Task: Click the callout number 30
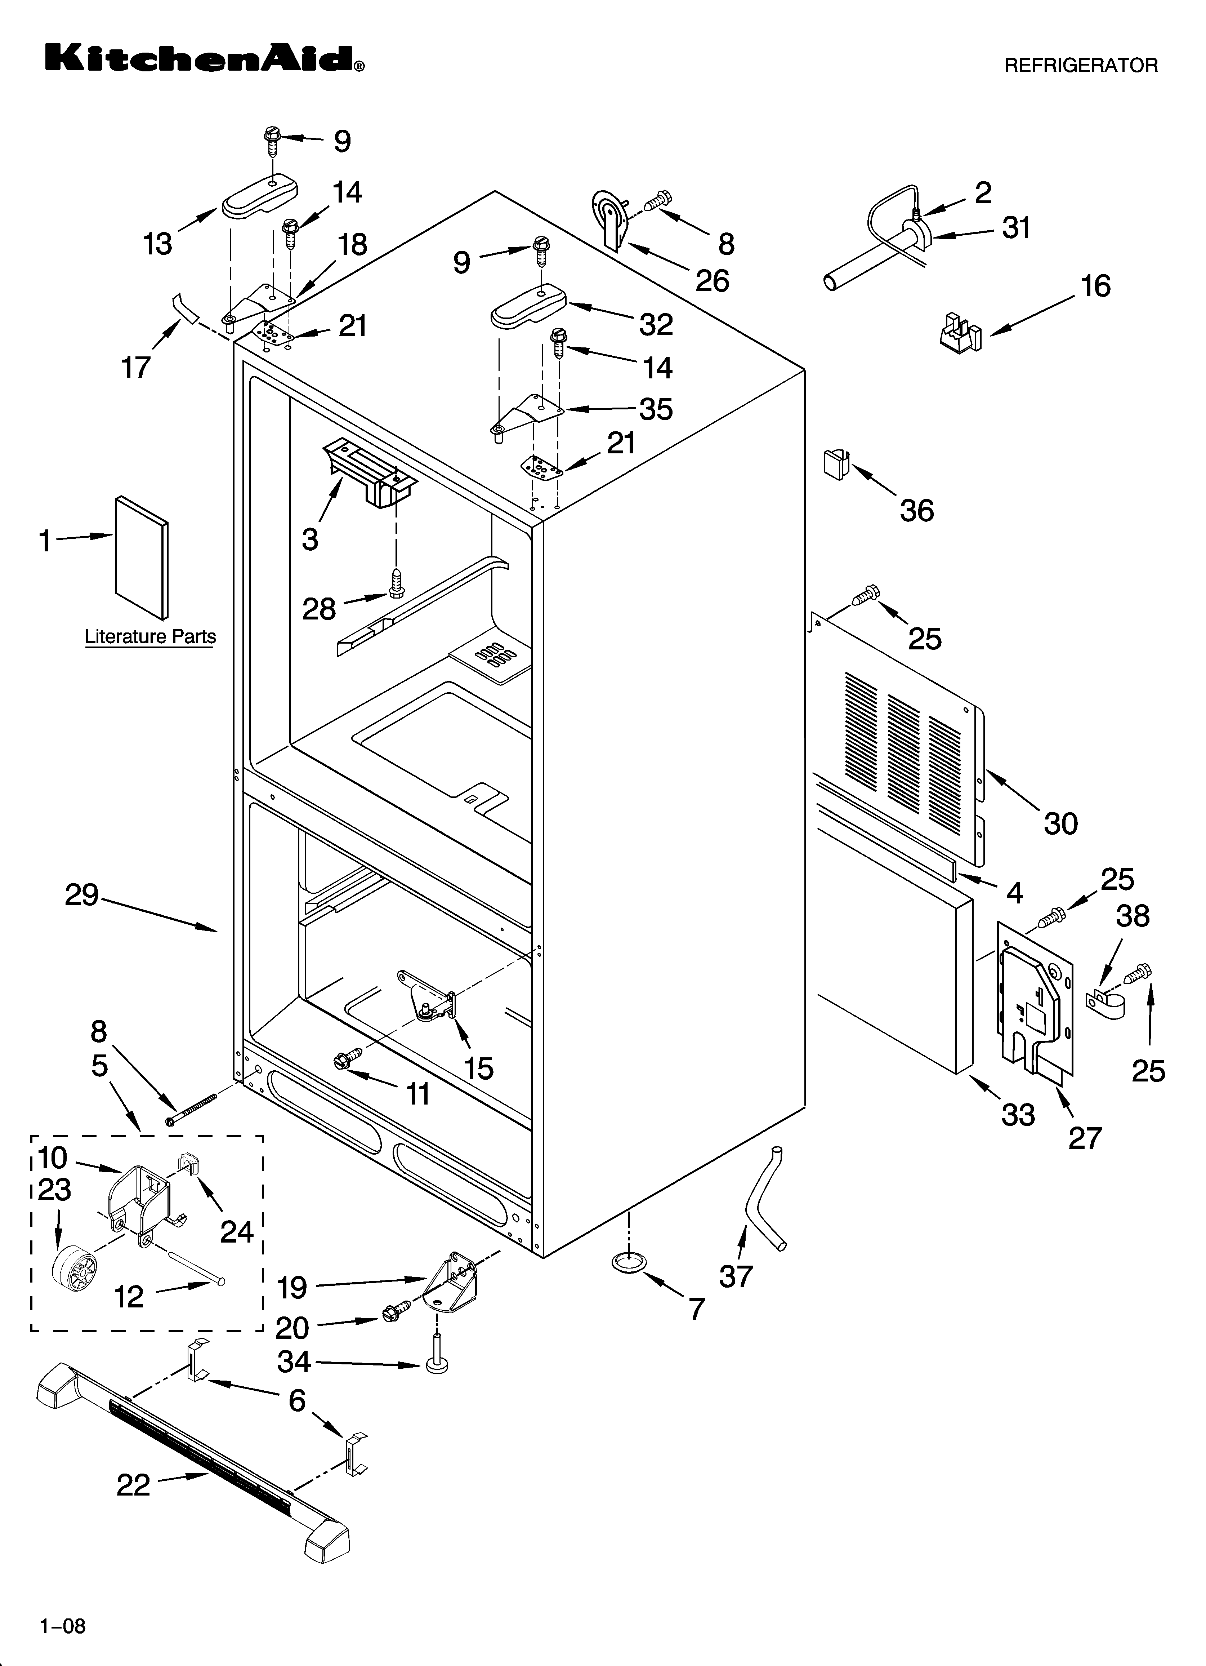point(1060,823)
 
